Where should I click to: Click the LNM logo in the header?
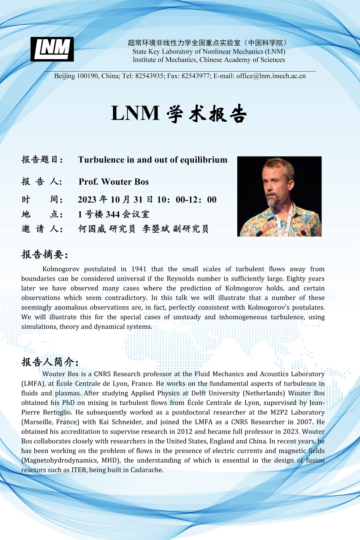point(52,49)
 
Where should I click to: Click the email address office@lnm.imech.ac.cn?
point(271,76)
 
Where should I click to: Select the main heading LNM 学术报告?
point(179,113)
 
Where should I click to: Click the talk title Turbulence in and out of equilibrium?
point(153,160)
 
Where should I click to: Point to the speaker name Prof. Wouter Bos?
point(114,182)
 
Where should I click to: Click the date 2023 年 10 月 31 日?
point(115,200)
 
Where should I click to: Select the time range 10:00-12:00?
point(187,200)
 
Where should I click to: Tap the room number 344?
point(113,215)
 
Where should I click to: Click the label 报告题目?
point(42,159)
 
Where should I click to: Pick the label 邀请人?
point(42,229)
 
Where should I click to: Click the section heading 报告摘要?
point(45,255)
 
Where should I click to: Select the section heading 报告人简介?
point(50,362)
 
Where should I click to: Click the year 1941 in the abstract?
point(139,269)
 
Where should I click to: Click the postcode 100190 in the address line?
point(87,76)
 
